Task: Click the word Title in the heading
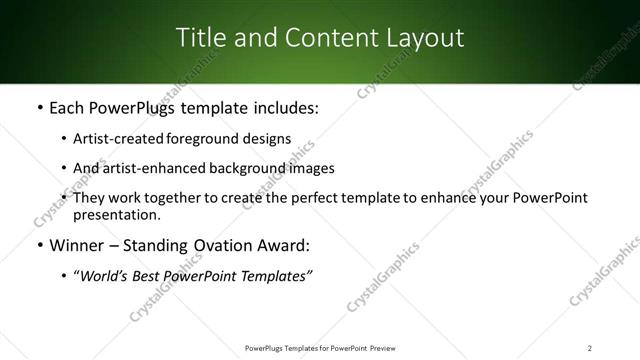point(200,38)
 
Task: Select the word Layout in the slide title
point(426,38)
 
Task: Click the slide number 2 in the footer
point(590,348)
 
